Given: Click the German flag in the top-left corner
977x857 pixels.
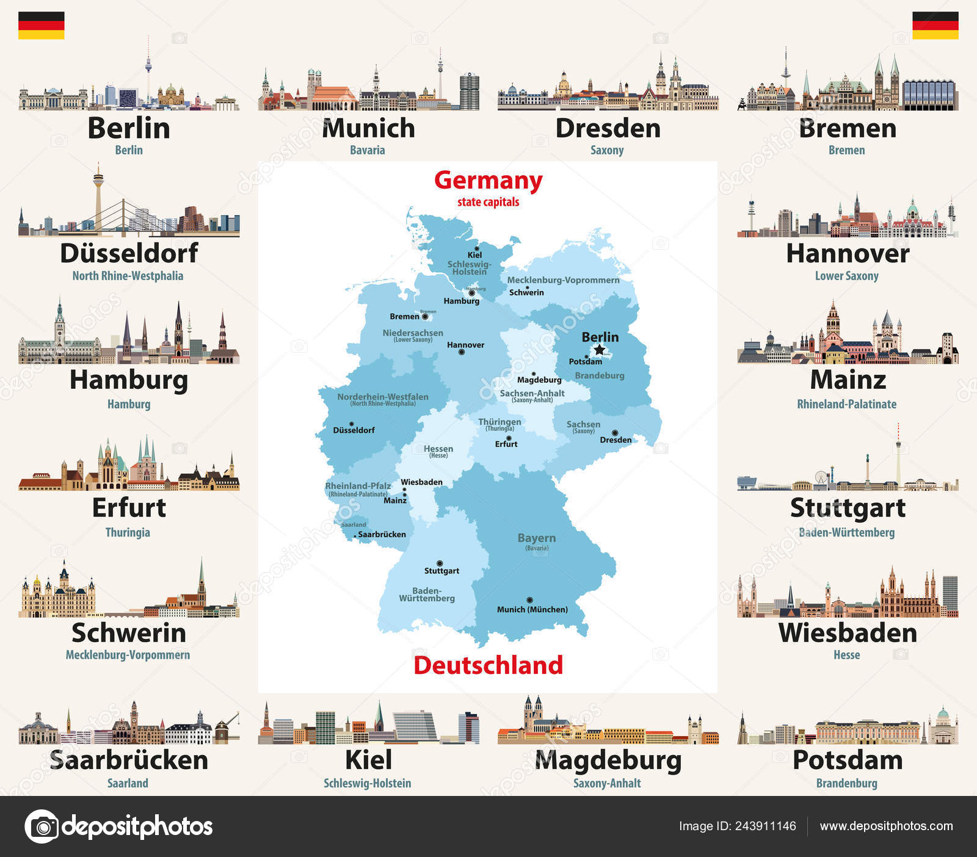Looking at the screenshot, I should (x=41, y=25).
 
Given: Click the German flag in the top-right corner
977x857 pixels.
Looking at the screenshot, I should (x=935, y=25).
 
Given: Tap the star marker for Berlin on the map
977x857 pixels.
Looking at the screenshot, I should (x=600, y=350).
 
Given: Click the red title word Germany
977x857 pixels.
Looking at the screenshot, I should (x=488, y=181).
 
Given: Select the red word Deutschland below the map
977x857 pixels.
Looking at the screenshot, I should (x=488, y=665).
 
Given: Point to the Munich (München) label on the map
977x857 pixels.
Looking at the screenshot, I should (x=532, y=609).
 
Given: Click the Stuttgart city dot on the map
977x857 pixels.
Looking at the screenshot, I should (x=440, y=563).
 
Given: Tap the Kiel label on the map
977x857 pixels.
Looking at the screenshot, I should (x=474, y=255).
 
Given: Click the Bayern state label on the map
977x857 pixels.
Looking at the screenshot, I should (x=536, y=538).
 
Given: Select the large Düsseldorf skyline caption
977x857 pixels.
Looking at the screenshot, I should (x=129, y=253).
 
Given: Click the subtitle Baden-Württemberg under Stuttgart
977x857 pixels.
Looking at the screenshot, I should (x=846, y=532).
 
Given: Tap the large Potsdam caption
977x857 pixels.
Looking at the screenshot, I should (x=847, y=761).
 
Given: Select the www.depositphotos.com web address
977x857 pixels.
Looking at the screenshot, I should (x=886, y=826).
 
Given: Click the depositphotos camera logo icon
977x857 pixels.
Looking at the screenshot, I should (x=42, y=826).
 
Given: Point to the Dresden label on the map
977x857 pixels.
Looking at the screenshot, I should (x=616, y=439).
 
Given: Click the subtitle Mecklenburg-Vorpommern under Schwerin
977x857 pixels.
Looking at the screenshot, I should (x=128, y=655).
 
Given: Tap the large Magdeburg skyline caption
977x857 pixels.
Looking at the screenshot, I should (x=608, y=761).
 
